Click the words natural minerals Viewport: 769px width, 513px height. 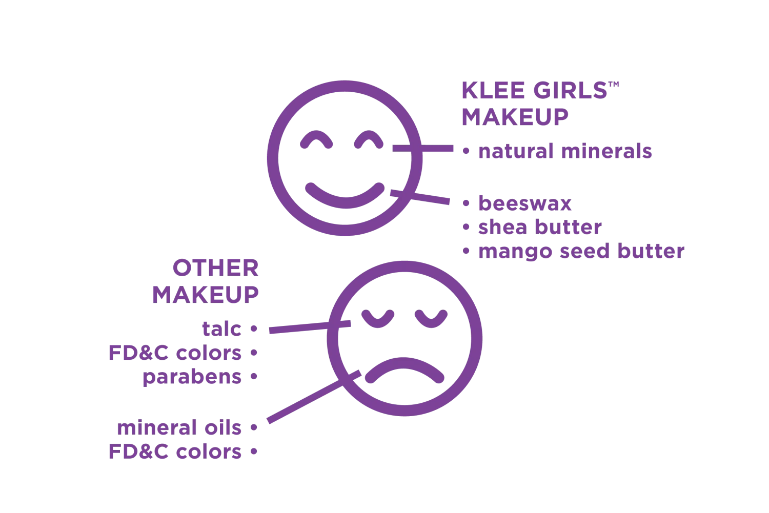565,151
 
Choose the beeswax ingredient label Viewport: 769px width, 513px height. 525,203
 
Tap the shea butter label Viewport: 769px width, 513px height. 540,227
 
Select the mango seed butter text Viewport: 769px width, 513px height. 581,252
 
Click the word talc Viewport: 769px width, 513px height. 222,329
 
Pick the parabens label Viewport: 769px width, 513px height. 192,377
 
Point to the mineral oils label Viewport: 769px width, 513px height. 179,427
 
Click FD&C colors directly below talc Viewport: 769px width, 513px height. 175,353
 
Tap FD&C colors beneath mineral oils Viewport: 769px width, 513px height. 175,451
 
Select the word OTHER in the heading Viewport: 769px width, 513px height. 216,268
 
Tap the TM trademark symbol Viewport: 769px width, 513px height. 614,85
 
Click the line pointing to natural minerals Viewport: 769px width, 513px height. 423,148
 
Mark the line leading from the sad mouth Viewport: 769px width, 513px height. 314,397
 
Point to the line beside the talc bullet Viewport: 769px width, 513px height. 310,327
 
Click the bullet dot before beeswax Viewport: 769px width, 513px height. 466,203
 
